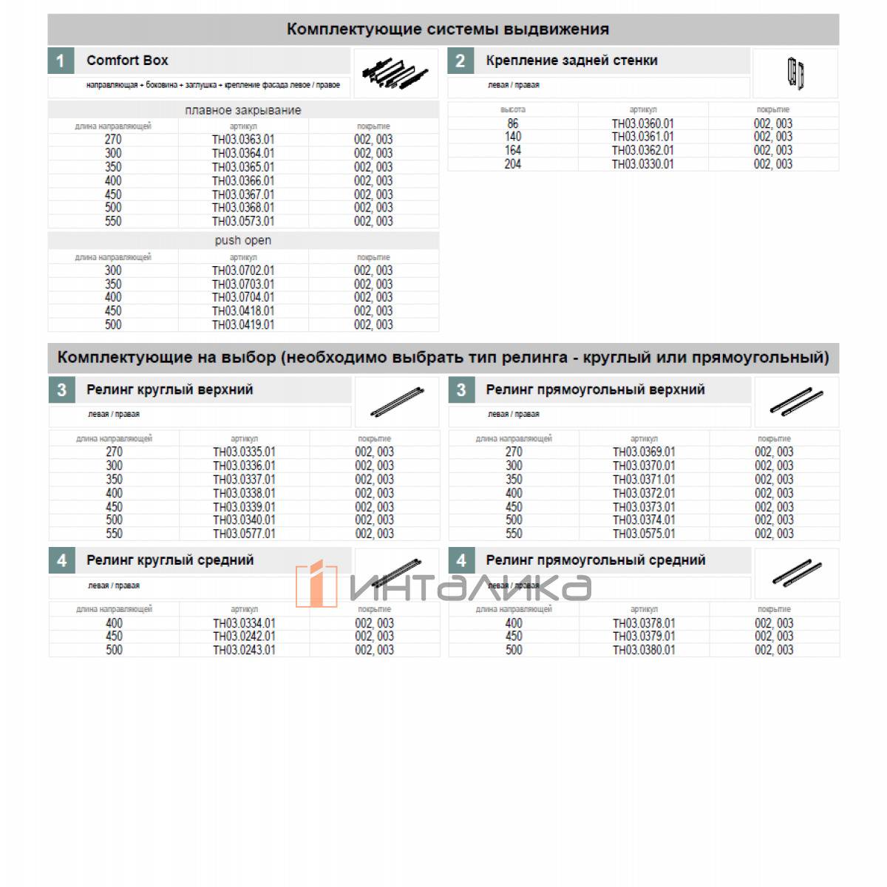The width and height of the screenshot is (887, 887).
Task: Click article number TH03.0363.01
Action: [243, 140]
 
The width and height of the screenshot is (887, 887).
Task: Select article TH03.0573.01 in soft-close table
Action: [243, 222]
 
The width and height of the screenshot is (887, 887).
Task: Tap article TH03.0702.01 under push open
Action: [243, 271]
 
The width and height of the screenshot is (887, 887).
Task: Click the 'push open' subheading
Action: [243, 241]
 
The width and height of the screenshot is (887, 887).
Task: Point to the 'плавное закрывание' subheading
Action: [243, 110]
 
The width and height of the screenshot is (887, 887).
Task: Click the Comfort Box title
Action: [127, 61]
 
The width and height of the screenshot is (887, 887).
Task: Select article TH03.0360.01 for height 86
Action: [642, 123]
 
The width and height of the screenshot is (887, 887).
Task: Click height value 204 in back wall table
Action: [513, 164]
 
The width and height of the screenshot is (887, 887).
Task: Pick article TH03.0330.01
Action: [642, 164]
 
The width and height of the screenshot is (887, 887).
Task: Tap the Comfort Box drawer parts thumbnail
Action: [395, 73]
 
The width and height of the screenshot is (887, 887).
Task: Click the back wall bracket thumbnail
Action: [795, 74]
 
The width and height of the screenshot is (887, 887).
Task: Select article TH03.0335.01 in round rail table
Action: [244, 452]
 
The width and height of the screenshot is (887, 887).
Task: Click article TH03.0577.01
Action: [244, 534]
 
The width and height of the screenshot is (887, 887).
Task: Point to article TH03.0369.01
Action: [644, 452]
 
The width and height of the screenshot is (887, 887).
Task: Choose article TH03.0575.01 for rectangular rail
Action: [644, 534]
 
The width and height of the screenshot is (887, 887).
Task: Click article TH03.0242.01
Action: [244, 636]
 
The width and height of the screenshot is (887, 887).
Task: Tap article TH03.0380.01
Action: [644, 650]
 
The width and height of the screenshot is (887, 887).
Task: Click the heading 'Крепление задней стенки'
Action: [571, 61]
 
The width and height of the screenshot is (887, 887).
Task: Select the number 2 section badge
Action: [461, 61]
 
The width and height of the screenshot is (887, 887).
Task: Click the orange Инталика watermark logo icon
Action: [316, 585]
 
